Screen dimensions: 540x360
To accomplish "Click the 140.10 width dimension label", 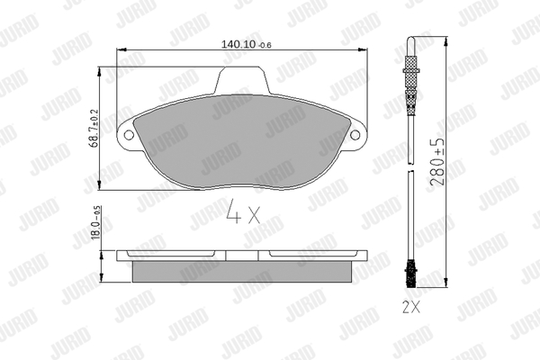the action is coord(246,44).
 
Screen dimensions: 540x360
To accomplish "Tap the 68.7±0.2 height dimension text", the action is coord(94,128).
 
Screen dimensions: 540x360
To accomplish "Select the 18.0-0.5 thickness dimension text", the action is coord(95,223).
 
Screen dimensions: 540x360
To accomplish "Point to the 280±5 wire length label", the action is coord(437,162).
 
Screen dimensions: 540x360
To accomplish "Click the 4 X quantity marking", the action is coord(244,211).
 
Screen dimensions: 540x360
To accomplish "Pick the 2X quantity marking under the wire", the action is coord(411,307).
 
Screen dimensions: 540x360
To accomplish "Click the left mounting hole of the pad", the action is coord(129,135).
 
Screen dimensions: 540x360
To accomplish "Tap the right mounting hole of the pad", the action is coord(355,135).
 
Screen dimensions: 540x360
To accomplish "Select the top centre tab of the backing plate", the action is coord(242,80).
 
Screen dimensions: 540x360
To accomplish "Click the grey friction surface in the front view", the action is coord(242,141).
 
